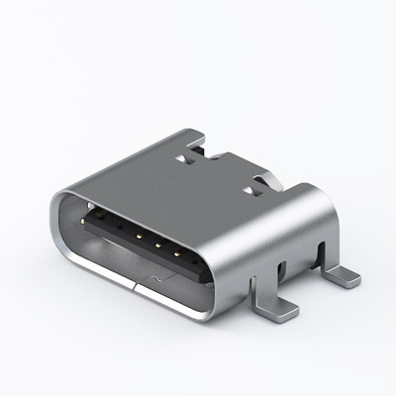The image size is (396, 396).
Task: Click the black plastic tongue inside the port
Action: click(139, 231)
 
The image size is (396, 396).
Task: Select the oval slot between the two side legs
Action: click(283, 269)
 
